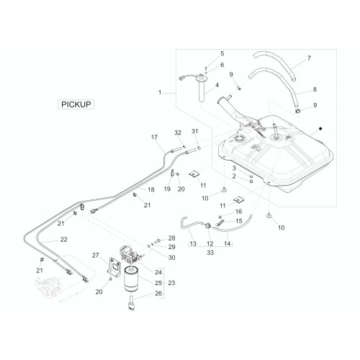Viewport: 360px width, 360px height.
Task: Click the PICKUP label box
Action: click(x=76, y=104)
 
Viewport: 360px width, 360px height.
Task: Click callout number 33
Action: click(x=210, y=253)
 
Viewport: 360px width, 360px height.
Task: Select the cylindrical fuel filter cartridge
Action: click(x=131, y=279)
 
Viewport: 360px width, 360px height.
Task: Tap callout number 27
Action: click(x=96, y=256)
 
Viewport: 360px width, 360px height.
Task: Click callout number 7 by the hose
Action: click(x=309, y=58)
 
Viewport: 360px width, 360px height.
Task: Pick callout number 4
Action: click(x=217, y=85)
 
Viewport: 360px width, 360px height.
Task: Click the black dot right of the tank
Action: click(x=320, y=129)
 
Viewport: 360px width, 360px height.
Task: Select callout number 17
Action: click(x=154, y=137)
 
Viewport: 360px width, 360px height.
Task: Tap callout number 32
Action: click(x=178, y=132)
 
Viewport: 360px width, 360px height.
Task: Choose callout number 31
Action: click(x=194, y=131)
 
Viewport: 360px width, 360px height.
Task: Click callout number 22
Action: click(x=63, y=240)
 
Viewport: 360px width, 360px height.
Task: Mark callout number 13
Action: click(x=193, y=243)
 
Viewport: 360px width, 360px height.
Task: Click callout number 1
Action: click(x=160, y=92)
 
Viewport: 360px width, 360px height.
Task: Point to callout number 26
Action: click(x=158, y=293)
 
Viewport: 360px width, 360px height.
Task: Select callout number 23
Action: click(x=171, y=283)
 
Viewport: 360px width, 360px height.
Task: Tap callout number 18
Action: click(x=151, y=189)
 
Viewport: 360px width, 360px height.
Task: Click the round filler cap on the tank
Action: click(x=238, y=139)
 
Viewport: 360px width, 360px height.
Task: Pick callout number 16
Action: click(x=238, y=212)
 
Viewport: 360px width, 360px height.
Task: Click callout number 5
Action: click(x=222, y=53)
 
